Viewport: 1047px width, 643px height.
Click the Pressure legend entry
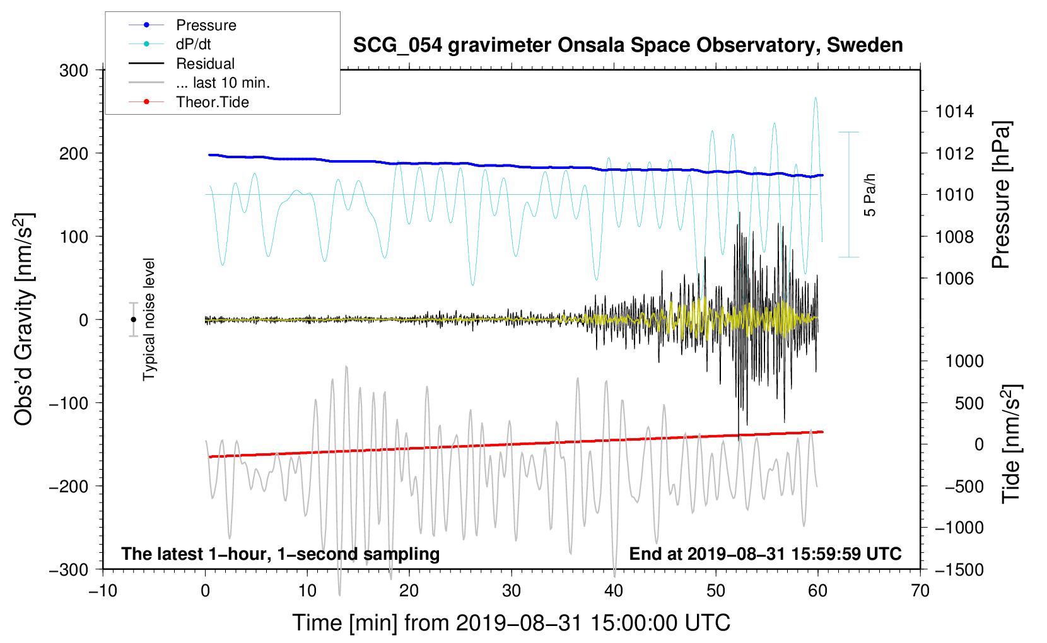[182, 25]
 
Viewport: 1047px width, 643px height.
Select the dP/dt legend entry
[170, 44]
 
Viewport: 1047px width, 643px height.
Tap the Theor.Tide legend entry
[189, 102]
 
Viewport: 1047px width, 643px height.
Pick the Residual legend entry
[182, 63]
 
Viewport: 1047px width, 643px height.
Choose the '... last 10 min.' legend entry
[199, 83]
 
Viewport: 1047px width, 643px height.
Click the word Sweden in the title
[865, 45]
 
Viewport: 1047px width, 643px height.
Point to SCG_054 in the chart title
[397, 46]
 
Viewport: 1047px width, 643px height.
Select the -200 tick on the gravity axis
[69, 487]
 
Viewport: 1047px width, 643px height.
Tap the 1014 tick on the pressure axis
[954, 112]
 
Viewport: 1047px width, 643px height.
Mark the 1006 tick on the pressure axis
[954, 279]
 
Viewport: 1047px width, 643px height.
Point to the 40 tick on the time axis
[613, 591]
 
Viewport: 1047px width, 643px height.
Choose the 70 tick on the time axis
[920, 591]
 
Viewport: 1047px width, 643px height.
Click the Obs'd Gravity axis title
[23, 319]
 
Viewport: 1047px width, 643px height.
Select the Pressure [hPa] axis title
[1001, 195]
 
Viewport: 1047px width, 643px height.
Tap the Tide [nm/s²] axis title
[1012, 444]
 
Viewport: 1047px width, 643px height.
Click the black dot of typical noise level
[133, 320]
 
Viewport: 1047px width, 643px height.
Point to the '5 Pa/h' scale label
[869, 195]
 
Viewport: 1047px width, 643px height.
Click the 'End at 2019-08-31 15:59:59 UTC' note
[765, 553]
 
